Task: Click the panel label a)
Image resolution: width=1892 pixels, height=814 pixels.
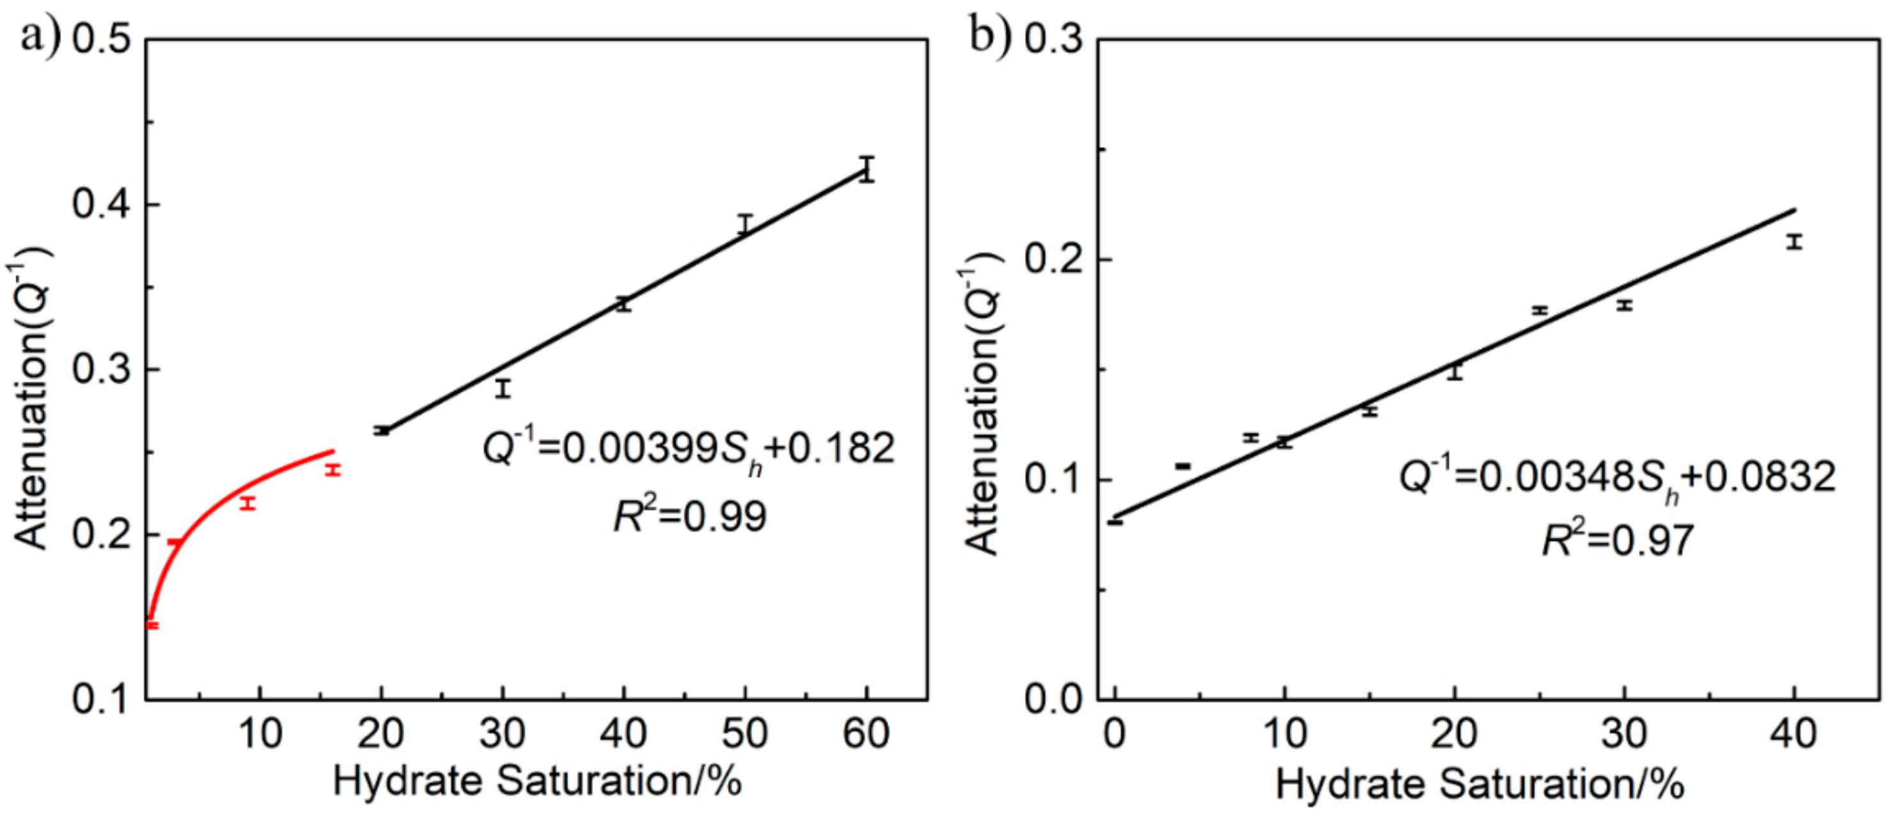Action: pyautogui.click(x=40, y=36)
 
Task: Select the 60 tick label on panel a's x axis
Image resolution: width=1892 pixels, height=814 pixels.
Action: pyautogui.click(x=867, y=733)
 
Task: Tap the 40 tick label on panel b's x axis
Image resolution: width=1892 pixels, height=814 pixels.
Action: pyautogui.click(x=1793, y=733)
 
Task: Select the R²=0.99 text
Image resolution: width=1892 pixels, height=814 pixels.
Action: pyautogui.click(x=690, y=516)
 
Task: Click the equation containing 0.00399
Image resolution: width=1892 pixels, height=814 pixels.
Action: pyautogui.click(x=688, y=448)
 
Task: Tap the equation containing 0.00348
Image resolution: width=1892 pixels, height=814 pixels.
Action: pyautogui.click(x=1616, y=477)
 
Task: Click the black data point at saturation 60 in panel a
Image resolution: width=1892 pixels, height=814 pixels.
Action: pyautogui.click(x=867, y=170)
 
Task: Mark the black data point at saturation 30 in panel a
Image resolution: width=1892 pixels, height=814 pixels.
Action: pyautogui.click(x=503, y=388)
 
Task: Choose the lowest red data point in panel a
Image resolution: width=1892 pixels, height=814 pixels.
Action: pyautogui.click(x=152, y=625)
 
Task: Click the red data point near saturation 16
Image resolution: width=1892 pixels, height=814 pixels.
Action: pyautogui.click(x=333, y=470)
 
